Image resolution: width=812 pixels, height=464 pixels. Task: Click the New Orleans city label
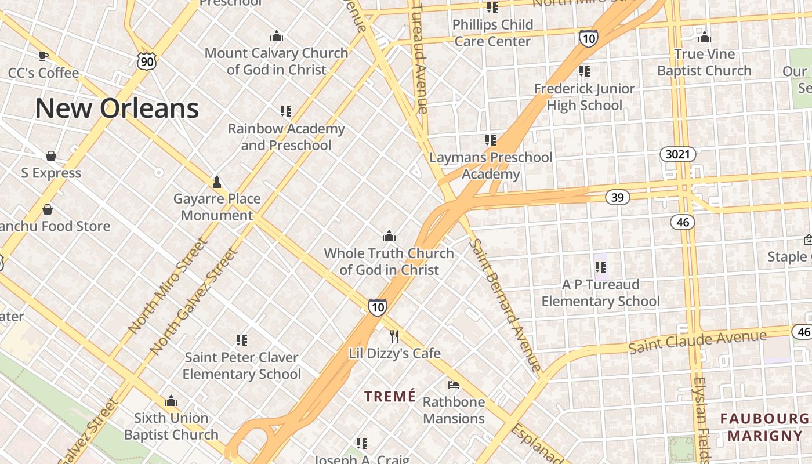(x=117, y=108)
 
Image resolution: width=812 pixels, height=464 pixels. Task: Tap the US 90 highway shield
(x=147, y=60)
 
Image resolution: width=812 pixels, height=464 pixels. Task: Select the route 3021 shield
(x=677, y=154)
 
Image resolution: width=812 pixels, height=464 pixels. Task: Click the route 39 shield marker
(x=617, y=197)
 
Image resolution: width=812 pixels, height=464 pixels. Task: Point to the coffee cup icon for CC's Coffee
(x=43, y=56)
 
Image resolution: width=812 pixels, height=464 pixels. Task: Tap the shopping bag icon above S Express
(x=51, y=156)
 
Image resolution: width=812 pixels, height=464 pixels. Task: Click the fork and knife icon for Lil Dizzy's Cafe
(x=394, y=336)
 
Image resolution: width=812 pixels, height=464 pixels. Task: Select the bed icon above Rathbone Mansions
(x=454, y=385)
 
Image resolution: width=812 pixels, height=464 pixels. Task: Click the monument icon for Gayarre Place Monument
(x=217, y=182)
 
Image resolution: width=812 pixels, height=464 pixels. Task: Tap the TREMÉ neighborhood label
(x=390, y=396)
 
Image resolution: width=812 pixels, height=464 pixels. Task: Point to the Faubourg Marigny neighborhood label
(x=764, y=427)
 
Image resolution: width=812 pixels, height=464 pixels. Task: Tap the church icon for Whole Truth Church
(x=389, y=236)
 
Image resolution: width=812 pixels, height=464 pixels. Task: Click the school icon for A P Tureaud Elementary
(x=600, y=267)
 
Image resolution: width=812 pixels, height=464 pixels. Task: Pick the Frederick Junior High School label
(x=584, y=97)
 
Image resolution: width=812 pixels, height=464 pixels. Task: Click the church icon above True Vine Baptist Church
(x=705, y=38)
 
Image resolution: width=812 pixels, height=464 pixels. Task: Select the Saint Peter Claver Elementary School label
(x=242, y=365)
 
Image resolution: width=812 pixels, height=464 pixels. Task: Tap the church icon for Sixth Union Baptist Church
(x=171, y=401)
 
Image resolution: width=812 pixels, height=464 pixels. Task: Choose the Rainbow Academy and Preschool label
(x=286, y=137)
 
